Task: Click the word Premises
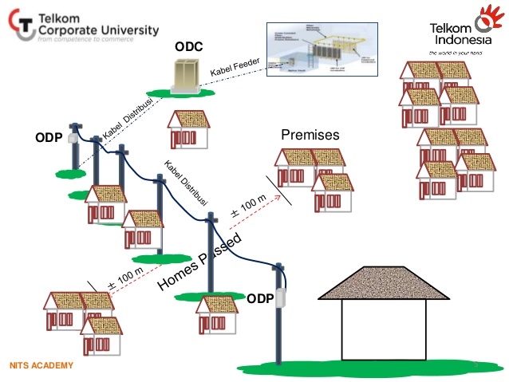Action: point(311,135)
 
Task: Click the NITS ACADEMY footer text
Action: point(41,366)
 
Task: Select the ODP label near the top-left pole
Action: point(49,137)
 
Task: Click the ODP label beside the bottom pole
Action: point(260,299)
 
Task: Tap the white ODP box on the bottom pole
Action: point(278,298)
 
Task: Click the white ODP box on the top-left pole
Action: point(74,138)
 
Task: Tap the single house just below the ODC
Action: point(188,128)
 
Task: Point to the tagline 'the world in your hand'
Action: point(456,52)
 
